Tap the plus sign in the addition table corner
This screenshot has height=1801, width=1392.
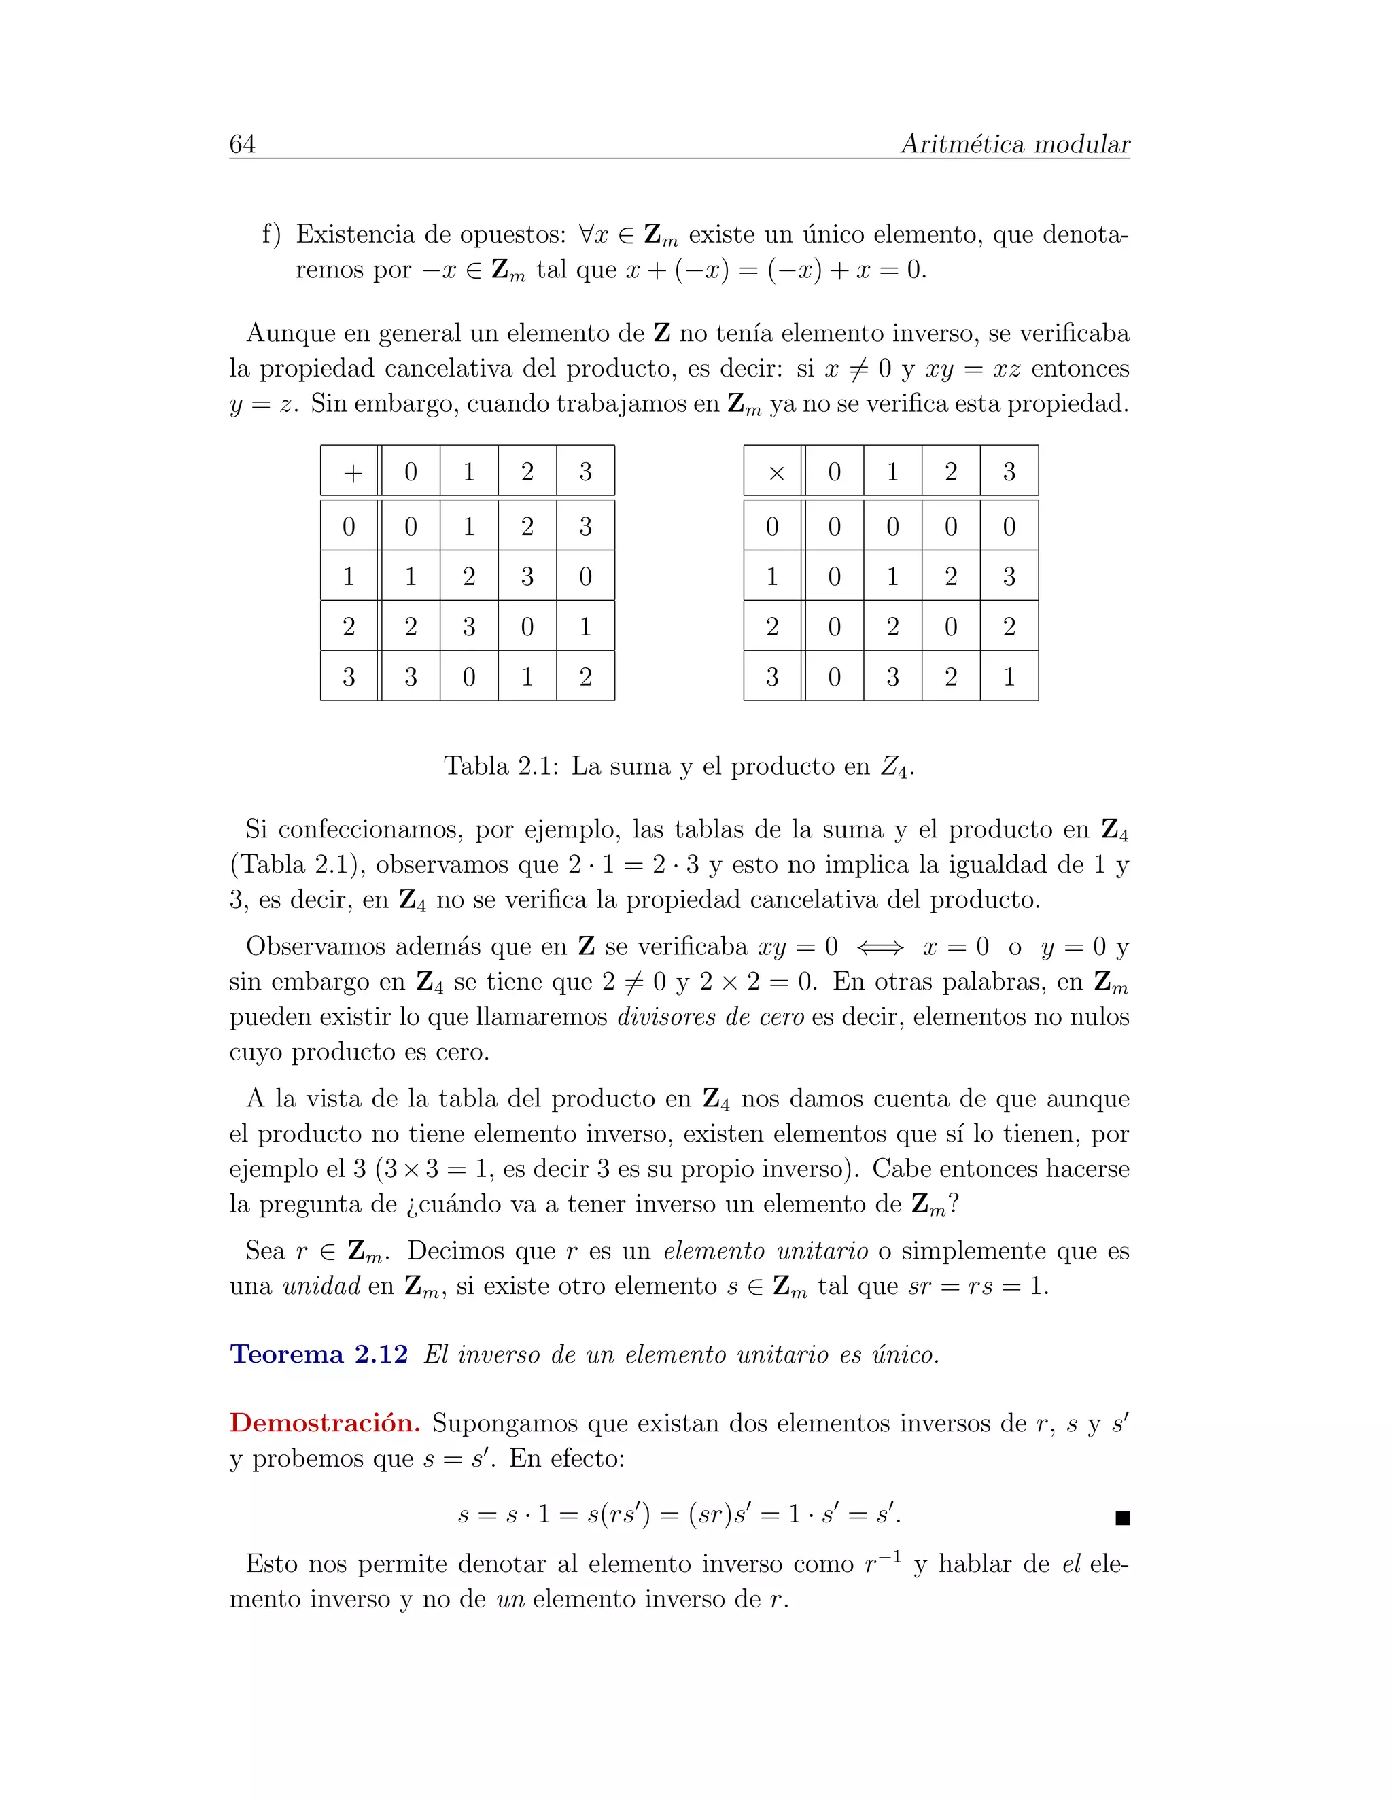pos(353,472)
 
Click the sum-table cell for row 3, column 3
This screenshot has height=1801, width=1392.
pos(585,677)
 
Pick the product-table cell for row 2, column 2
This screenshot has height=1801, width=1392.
pos(951,627)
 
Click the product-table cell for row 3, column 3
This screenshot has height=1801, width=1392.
pos(1009,677)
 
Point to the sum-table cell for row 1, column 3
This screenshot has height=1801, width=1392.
pos(585,576)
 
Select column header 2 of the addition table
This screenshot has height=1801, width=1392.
pos(527,472)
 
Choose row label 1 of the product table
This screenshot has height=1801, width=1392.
pos(772,576)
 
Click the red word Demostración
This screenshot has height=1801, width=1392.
pos(325,1422)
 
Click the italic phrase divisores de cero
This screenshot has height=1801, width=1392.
pos(710,1017)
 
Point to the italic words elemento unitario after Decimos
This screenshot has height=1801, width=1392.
pos(765,1251)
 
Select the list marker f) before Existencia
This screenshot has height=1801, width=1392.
pos(271,235)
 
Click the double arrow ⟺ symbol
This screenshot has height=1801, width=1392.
pos(880,947)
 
